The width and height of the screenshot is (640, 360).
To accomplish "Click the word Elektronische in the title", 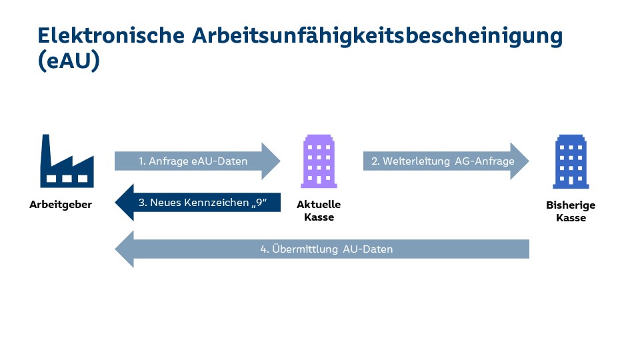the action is pyautogui.click(x=111, y=35).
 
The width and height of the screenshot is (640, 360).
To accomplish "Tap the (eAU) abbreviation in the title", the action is pyautogui.click(x=69, y=61).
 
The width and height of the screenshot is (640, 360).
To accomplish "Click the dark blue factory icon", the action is pyautogui.click(x=67, y=161).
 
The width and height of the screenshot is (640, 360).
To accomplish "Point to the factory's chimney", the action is pyautogui.click(x=46, y=149).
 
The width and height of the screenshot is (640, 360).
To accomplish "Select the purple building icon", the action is pyautogui.click(x=319, y=161).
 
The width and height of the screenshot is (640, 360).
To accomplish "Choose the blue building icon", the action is pyautogui.click(x=571, y=161).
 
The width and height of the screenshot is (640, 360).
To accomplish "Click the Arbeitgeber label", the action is pyautogui.click(x=61, y=205).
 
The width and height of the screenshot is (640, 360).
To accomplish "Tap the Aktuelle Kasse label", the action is pyautogui.click(x=319, y=211).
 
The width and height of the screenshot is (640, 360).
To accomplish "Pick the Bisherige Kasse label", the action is pyautogui.click(x=571, y=211).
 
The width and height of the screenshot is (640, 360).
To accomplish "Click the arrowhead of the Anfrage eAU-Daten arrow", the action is pyautogui.click(x=271, y=161).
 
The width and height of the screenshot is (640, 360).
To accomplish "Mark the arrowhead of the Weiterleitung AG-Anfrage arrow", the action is pyautogui.click(x=519, y=161).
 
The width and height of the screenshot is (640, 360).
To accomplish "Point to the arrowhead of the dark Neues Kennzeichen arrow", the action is pyautogui.click(x=124, y=203).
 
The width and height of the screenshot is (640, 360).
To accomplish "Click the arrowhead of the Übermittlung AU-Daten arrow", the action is pyautogui.click(x=124, y=249).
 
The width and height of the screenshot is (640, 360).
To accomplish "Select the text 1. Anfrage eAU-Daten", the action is pyautogui.click(x=193, y=161).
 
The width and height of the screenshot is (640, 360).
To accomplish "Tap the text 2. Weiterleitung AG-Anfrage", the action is pyautogui.click(x=443, y=161).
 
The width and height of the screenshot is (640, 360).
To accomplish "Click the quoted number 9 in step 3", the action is pyautogui.click(x=259, y=202).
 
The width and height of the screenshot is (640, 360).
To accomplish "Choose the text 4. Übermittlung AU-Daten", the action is pyautogui.click(x=327, y=249).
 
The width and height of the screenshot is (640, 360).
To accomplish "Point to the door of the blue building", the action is pyautogui.click(x=571, y=181).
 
